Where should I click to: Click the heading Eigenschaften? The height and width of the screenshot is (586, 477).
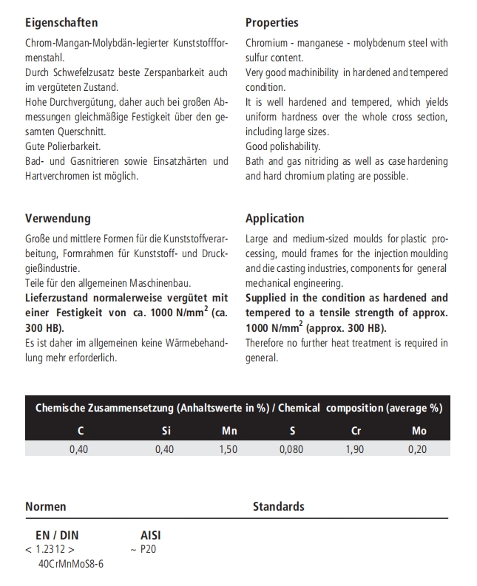pyautogui.click(x=61, y=23)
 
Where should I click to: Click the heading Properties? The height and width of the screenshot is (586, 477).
pyautogui.click(x=272, y=23)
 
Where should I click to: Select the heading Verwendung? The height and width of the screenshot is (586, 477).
pyautogui.click(x=58, y=218)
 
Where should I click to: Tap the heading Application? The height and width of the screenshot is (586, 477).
pyautogui.click(x=274, y=218)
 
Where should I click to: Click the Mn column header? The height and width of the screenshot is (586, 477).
pyautogui.click(x=229, y=431)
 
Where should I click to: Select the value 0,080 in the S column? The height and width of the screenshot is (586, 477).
pyautogui.click(x=291, y=449)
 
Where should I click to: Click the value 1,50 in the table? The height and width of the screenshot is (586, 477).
pyautogui.click(x=229, y=449)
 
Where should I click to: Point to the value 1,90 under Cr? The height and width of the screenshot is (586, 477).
pyautogui.click(x=355, y=449)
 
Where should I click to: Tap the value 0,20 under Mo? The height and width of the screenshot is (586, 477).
pyautogui.click(x=418, y=449)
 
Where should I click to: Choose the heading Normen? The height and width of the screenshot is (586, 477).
pyautogui.click(x=46, y=506)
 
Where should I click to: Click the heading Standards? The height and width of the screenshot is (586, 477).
pyautogui.click(x=279, y=506)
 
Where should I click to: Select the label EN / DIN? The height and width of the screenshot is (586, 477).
pyautogui.click(x=57, y=535)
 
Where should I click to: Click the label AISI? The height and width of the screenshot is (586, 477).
pyautogui.click(x=151, y=535)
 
